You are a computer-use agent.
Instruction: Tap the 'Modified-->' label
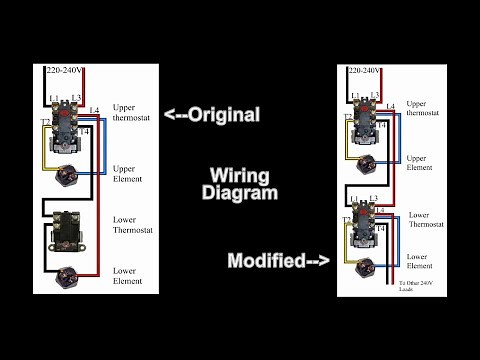278,261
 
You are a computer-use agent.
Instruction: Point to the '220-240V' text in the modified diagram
364,73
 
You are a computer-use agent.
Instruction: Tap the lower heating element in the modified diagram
362,266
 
